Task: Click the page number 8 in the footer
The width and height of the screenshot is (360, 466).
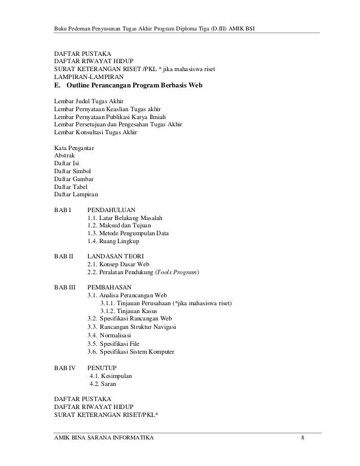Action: pos(304,438)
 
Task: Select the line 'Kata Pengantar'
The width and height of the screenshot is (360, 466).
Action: pos(74,148)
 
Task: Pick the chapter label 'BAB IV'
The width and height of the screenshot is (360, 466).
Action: pos(64,367)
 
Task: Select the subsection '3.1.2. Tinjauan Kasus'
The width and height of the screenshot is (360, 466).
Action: pos(129,311)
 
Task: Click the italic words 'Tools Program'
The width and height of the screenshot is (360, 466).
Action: pos(177,272)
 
